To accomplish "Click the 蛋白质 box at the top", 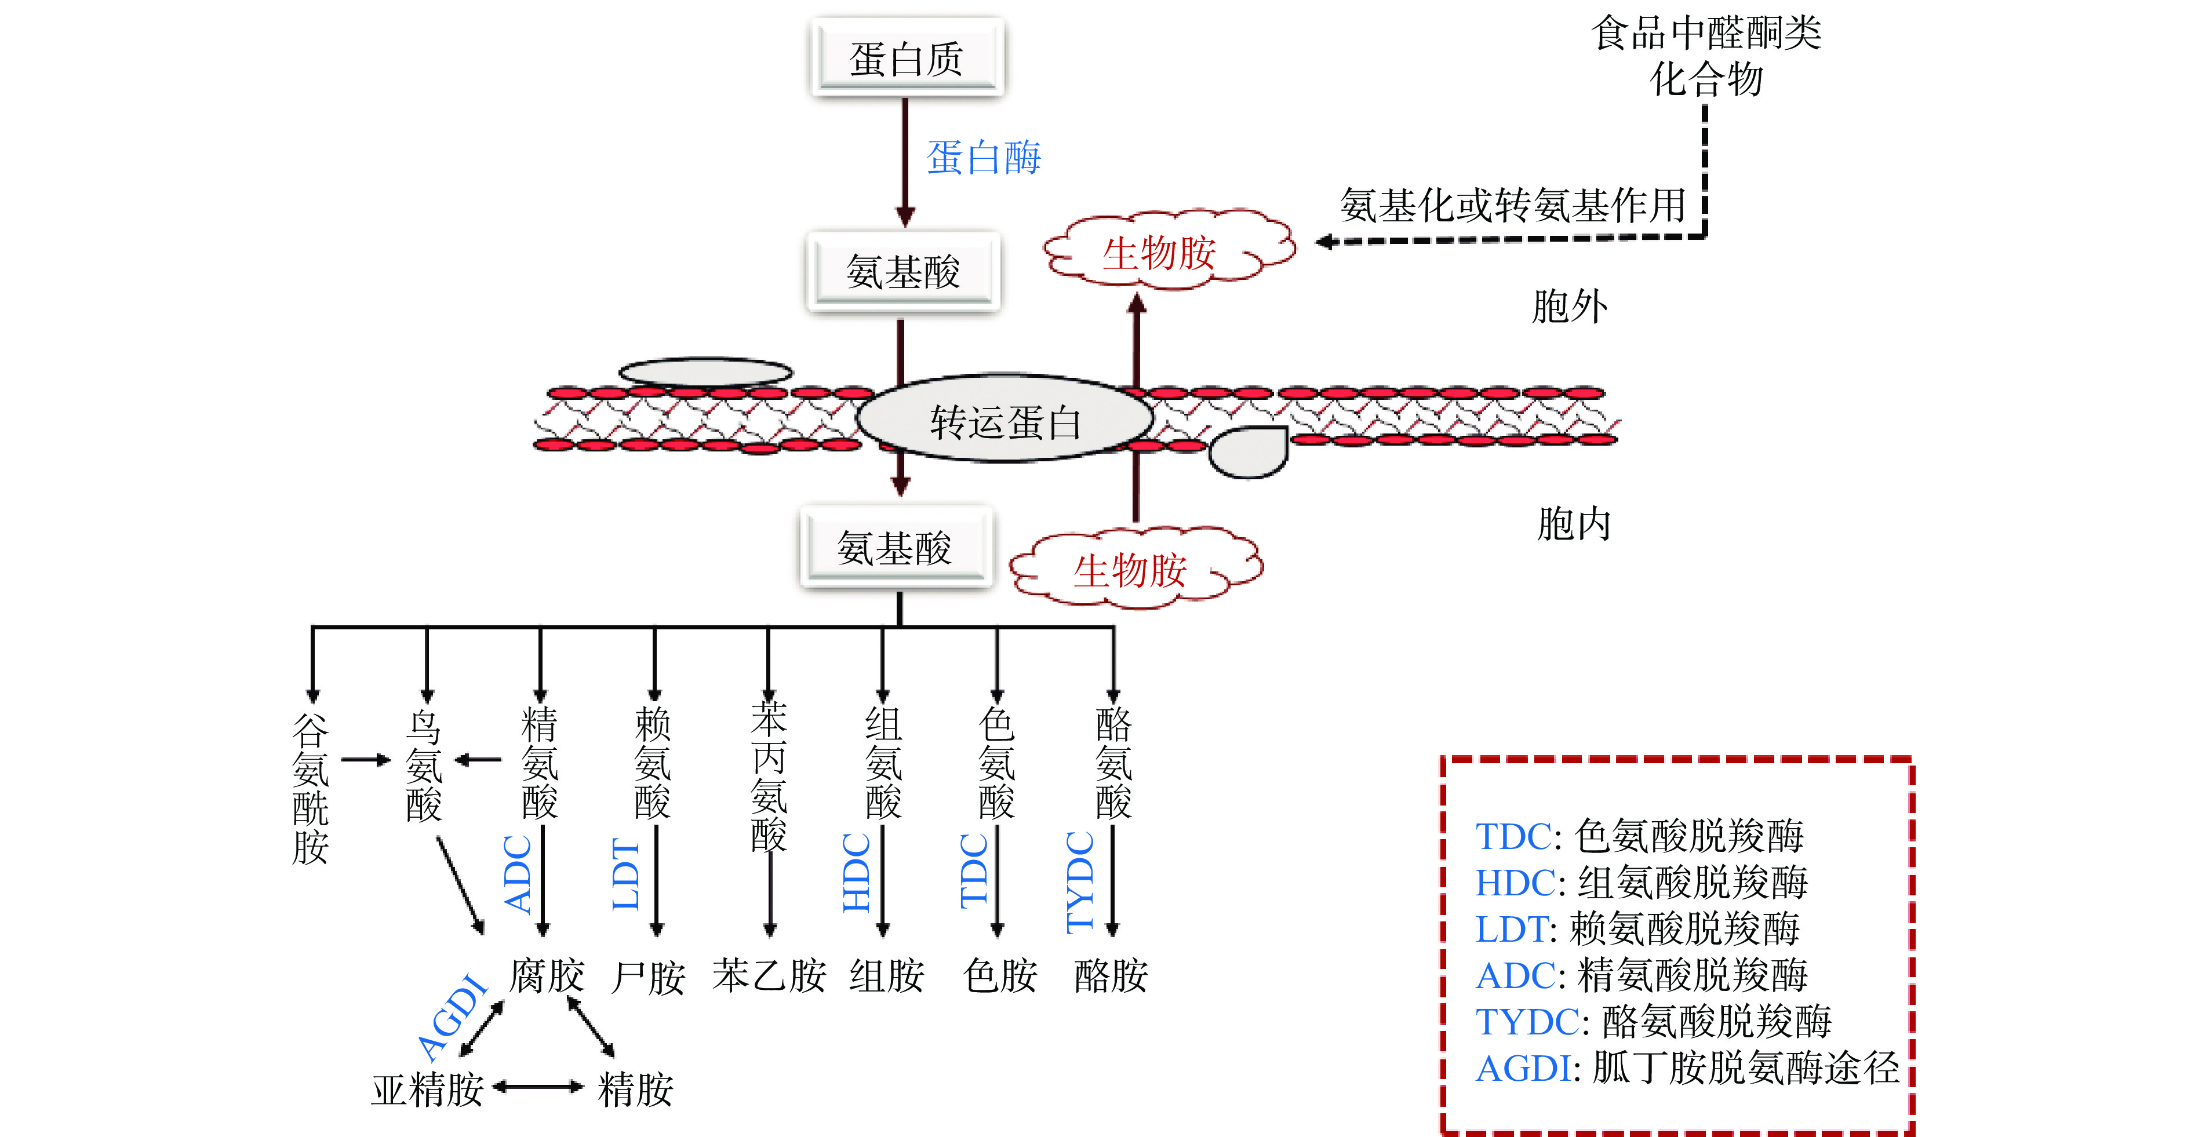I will pyautogui.click(x=907, y=58).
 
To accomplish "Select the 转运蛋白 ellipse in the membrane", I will pyautogui.click(x=1004, y=421).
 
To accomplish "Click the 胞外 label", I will pyautogui.click(x=1569, y=306).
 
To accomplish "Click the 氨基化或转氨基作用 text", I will pyautogui.click(x=1512, y=205).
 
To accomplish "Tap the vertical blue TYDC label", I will pyautogui.click(x=1080, y=882).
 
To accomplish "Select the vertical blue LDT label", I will pyautogui.click(x=626, y=874).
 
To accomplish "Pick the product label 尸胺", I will pyautogui.click(x=648, y=977).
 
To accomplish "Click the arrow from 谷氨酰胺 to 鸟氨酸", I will pyautogui.click(x=366, y=759).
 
